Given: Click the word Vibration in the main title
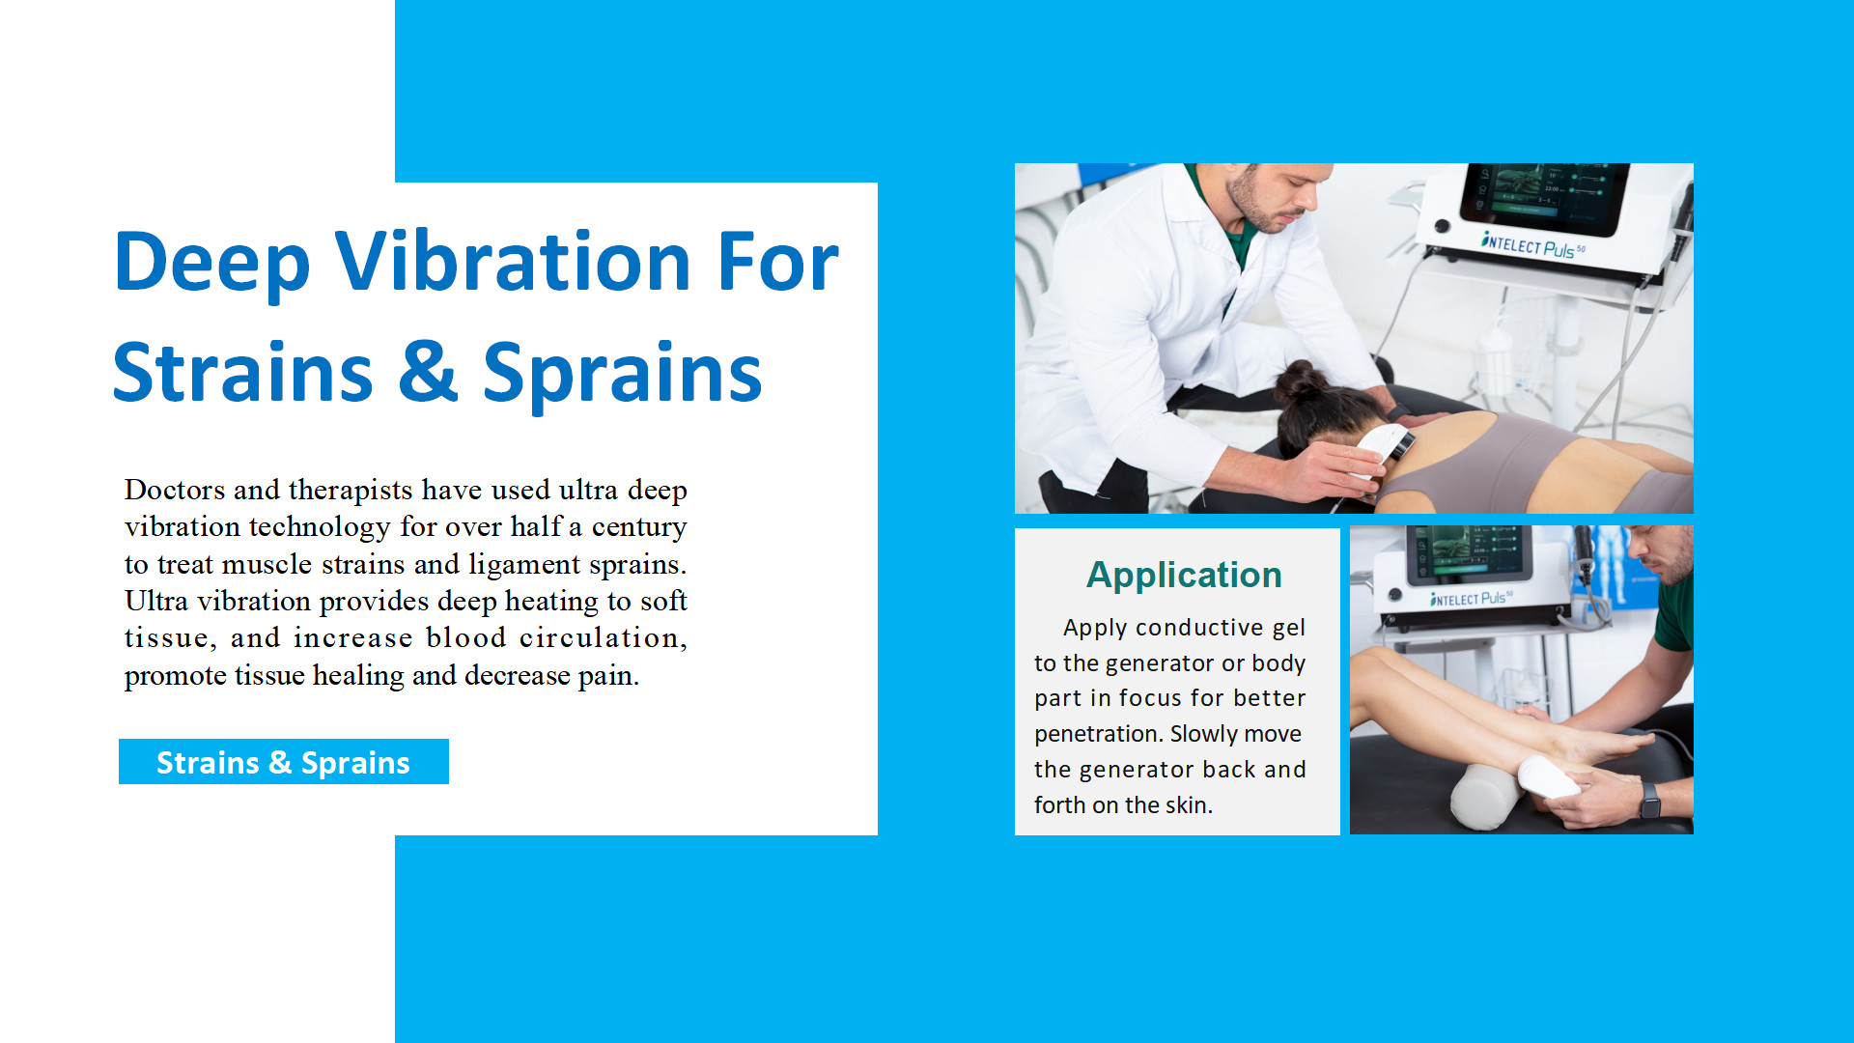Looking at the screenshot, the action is (513, 262).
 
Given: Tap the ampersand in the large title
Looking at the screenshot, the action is (427, 372).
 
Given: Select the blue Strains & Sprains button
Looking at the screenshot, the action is (283, 762).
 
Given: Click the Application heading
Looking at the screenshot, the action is (1184, 575).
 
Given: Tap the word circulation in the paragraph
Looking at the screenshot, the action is (603, 638).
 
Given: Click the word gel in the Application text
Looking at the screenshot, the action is (1288, 629).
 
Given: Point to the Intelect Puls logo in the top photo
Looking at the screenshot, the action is (1532, 244).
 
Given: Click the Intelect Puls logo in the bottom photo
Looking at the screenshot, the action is (1471, 599).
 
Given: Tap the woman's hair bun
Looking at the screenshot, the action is (1300, 382).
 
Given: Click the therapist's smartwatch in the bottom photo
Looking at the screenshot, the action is (1650, 801).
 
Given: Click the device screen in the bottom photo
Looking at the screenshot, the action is (1470, 554).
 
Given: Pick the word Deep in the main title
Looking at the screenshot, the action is (212, 264).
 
